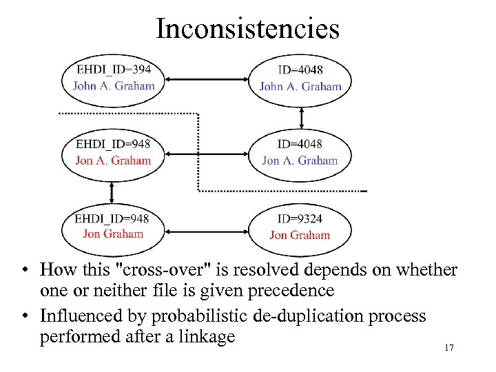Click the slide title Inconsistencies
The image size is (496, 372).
247,30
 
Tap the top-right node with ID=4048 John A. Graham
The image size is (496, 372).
300,78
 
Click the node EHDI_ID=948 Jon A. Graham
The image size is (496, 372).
113,152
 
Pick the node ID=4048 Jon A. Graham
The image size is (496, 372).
300,152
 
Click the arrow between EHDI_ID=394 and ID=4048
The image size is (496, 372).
207,78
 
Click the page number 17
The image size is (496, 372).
448,348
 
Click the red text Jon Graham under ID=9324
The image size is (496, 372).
300,236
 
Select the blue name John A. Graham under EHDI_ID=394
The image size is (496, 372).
114,86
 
